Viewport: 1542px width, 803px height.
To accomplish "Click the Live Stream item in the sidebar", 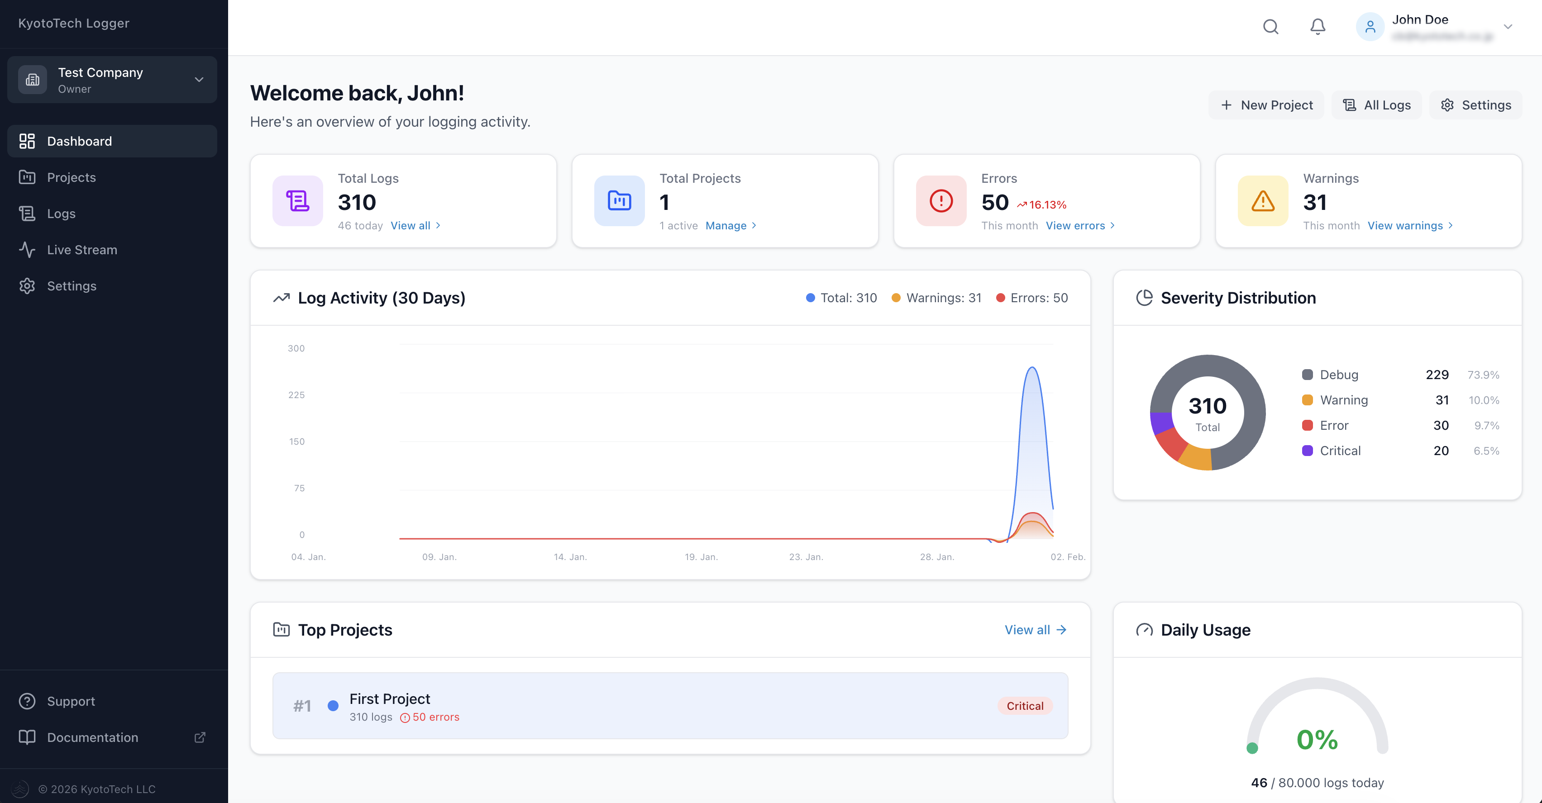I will pos(82,250).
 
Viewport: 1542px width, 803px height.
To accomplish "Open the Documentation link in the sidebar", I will pos(93,737).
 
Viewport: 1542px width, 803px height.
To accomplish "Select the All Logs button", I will pos(1377,105).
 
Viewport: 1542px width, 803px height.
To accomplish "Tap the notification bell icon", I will pos(1318,26).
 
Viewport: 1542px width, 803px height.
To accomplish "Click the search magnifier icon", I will pos(1270,26).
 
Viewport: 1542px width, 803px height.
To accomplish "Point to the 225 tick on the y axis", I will pos(296,395).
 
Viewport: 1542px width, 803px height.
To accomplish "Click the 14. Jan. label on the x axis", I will pos(570,557).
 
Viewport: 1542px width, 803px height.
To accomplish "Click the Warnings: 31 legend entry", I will pos(937,298).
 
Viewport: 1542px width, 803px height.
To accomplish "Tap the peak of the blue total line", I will pos(1032,367).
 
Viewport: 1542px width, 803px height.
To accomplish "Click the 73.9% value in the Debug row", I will pos(1483,375).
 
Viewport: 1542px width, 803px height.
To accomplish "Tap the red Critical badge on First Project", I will pos(1025,706).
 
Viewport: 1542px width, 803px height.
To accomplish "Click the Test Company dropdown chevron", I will pos(199,80).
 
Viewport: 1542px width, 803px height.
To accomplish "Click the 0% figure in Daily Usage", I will pos(1317,740).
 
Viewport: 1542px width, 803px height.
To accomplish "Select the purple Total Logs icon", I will pos(297,201).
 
